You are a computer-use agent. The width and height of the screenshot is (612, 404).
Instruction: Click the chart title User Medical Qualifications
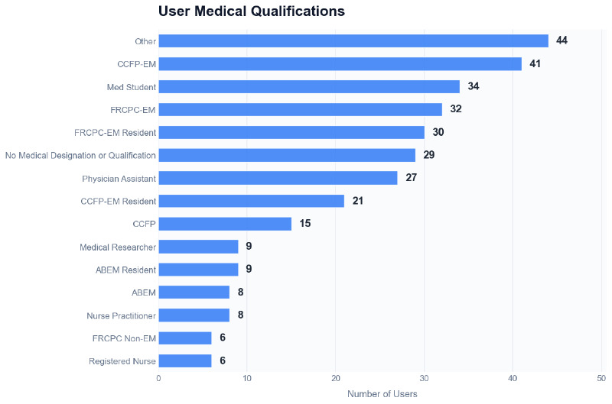pos(251,11)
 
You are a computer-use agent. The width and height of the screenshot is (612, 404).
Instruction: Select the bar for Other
pos(353,40)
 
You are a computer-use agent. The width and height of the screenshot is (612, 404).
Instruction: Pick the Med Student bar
pos(308,86)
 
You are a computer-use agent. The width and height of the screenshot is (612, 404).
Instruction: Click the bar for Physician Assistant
pos(278,178)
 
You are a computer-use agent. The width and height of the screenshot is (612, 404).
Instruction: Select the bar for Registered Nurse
pos(184,361)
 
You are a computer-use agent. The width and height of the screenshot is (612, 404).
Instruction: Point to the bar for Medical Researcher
pos(198,247)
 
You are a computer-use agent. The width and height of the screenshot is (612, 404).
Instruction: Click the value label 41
pos(535,63)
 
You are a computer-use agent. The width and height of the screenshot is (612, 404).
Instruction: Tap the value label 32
pos(455,109)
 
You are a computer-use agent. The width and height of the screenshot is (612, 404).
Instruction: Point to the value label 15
pos(304,224)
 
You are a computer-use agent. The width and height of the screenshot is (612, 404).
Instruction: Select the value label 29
pos(428,155)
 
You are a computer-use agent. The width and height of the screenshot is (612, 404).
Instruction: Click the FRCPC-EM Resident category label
pos(115,132)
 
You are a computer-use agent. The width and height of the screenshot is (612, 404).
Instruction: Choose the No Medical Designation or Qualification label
pos(80,155)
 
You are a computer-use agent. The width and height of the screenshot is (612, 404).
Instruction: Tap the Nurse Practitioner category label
pos(121,315)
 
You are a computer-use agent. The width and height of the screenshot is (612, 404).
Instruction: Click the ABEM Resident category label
pos(125,270)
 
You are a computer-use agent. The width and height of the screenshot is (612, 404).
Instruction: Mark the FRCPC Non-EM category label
pos(124,338)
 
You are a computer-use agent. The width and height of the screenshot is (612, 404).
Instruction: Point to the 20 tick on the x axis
pos(335,377)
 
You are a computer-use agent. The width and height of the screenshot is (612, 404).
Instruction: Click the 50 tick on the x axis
pos(601,377)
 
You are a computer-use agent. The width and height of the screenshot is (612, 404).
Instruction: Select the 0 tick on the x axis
pos(158,377)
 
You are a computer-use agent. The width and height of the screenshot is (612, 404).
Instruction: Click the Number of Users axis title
pos(382,394)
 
